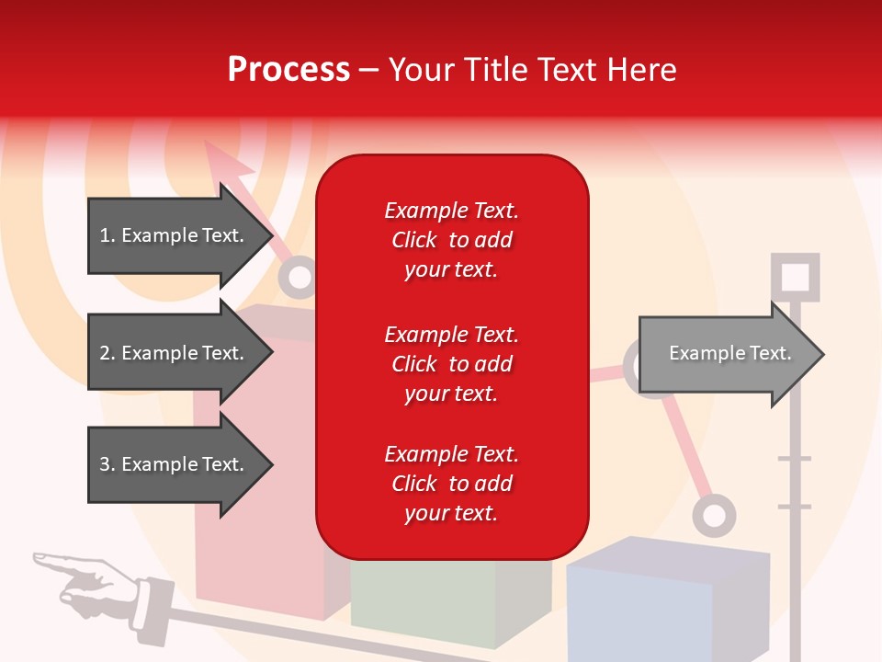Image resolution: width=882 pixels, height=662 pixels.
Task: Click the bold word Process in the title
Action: [x=288, y=70]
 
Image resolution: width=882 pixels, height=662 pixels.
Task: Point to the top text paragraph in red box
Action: [x=451, y=240]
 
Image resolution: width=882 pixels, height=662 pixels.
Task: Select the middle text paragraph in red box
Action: [x=451, y=364]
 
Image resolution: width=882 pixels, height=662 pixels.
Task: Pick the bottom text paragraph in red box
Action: [x=451, y=484]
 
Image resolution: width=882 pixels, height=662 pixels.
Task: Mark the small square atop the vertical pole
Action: [x=795, y=276]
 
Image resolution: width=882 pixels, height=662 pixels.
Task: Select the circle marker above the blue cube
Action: [x=714, y=516]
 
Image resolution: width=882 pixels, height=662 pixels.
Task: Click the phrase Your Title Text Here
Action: [x=532, y=70]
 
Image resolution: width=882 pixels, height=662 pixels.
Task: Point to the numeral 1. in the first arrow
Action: [x=107, y=235]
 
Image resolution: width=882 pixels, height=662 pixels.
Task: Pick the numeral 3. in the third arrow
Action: [x=107, y=464]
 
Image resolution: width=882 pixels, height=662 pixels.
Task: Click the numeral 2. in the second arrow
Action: [x=107, y=353]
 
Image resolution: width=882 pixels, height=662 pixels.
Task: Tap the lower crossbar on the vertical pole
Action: [x=795, y=507]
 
